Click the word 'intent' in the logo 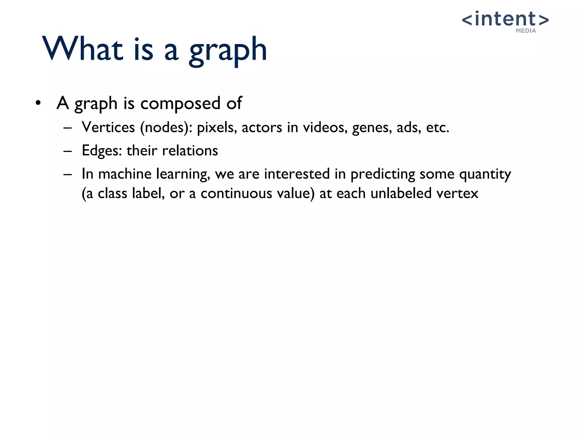click(x=505, y=19)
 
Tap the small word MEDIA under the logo click(x=526, y=31)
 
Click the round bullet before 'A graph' click(x=38, y=103)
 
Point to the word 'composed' click(x=180, y=103)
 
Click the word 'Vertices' click(x=108, y=127)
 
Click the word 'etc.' click(x=437, y=127)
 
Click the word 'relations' click(x=190, y=151)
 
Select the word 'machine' click(x=124, y=174)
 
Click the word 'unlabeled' click(x=401, y=193)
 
